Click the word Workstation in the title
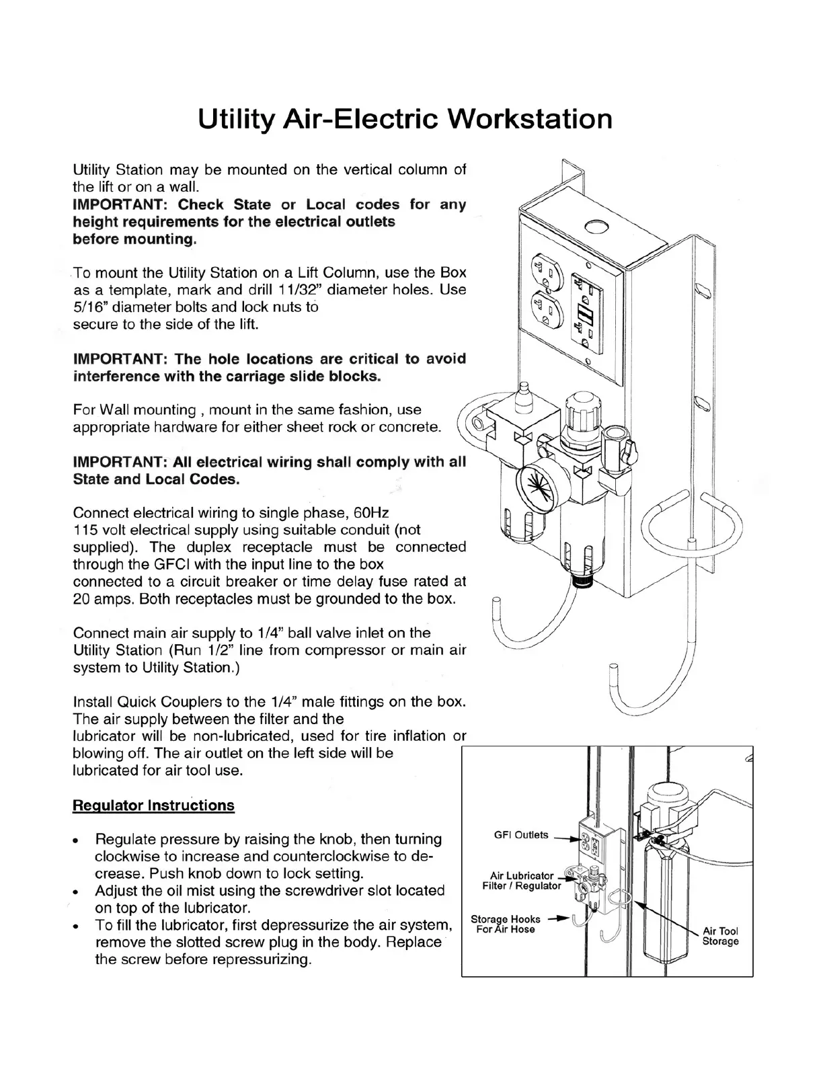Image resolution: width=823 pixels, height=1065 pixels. [x=530, y=120]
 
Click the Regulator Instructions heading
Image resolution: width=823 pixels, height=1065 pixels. [x=153, y=805]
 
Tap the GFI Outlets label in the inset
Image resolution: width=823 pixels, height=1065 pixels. [x=521, y=835]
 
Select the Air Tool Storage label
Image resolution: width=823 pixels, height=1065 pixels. [x=720, y=936]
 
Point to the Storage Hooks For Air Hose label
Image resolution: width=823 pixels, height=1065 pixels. [x=505, y=924]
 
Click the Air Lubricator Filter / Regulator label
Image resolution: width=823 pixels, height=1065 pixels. [x=522, y=881]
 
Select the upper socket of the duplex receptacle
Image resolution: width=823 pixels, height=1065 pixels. [x=544, y=272]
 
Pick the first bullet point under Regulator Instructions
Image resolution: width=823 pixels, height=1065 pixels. [x=80, y=840]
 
